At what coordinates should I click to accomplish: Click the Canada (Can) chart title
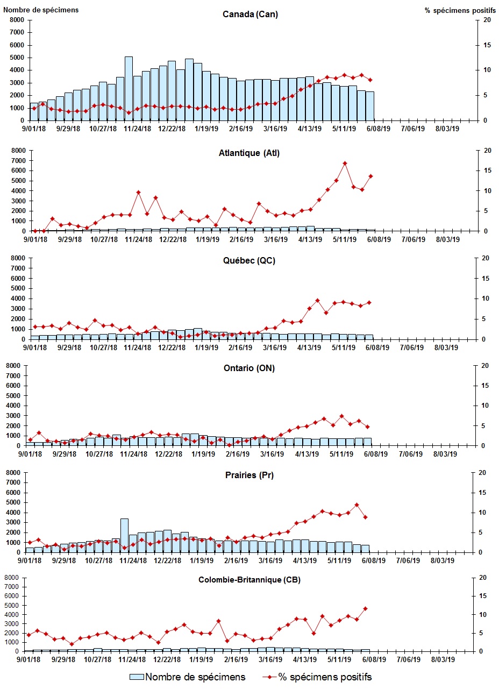coord(250,14)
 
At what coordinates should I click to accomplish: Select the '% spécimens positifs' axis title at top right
coord(460,10)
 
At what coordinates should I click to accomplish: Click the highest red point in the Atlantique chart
coord(345,163)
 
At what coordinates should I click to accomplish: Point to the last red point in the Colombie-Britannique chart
coord(365,608)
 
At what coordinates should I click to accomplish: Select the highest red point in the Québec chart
coord(317,300)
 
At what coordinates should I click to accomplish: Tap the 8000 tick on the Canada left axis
coord(17,20)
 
